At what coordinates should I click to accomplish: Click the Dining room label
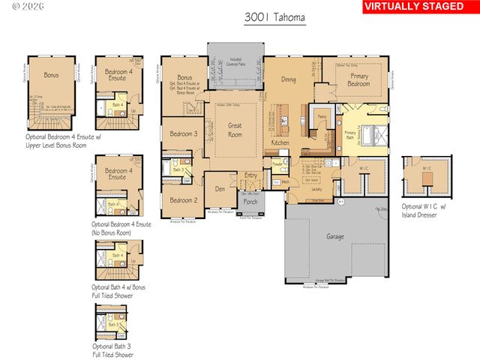coord(287,79)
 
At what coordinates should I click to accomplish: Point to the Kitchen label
coord(280,142)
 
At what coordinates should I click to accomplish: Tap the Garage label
coord(334,237)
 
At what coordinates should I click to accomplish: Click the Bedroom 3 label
coord(183,134)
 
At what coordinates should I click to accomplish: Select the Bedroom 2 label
coord(183,200)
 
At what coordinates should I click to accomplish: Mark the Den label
coord(220,189)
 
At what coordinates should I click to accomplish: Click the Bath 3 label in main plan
coord(177,170)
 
